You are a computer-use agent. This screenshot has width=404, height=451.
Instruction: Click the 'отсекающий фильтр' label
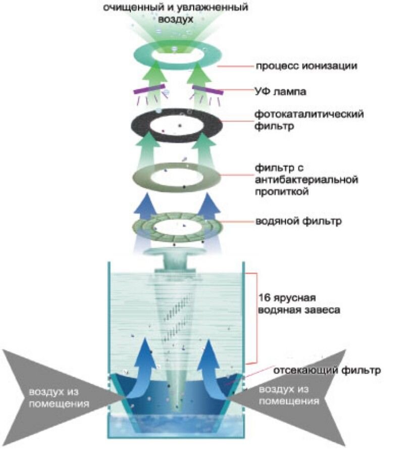pyautogui.click(x=326, y=370)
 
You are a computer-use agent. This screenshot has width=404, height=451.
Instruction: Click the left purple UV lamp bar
pyautogui.click(x=149, y=91)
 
